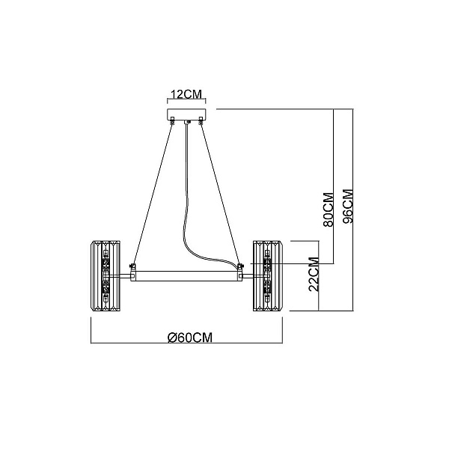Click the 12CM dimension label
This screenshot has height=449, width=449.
(x=186, y=94)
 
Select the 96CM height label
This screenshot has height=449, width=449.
(x=348, y=207)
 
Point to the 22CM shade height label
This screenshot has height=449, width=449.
(x=314, y=275)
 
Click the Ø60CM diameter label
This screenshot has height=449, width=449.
(x=190, y=337)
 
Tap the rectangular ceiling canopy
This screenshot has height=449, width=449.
(x=186, y=114)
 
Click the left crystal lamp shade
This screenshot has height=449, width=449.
(x=106, y=275)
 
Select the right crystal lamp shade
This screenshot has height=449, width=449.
(x=268, y=275)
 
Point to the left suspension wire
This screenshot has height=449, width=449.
(x=153, y=194)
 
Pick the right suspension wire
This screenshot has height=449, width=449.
(x=220, y=194)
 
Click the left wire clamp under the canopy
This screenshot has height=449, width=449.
(x=172, y=120)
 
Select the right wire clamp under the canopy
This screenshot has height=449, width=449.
(x=201, y=120)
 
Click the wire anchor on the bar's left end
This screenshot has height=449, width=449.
(x=133, y=266)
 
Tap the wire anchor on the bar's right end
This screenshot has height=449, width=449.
(x=240, y=266)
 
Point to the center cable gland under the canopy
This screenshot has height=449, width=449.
(x=187, y=122)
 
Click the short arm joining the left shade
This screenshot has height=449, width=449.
(x=126, y=276)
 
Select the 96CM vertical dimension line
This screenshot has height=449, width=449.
(x=353, y=210)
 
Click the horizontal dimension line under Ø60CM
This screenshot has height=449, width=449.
(x=186, y=343)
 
